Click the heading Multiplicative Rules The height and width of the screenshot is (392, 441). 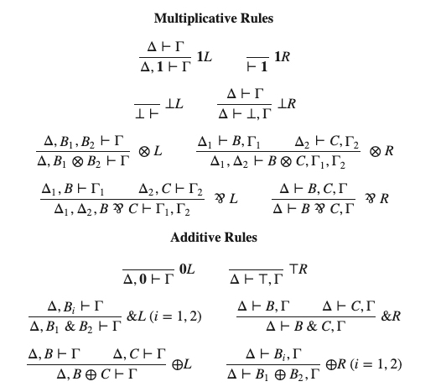tap(214, 18)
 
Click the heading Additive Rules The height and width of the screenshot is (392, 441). tap(214, 238)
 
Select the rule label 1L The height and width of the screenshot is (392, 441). tap(205, 57)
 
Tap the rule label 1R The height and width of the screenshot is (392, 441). tap(282, 56)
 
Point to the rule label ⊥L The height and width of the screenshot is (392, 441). tap(174, 103)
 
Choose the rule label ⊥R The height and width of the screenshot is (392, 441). tap(287, 103)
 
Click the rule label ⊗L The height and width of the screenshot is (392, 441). tap(150, 151)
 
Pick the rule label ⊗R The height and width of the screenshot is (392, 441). tap(381, 151)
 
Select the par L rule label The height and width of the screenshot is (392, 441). tap(226, 199)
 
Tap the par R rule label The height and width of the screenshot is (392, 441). tap(377, 199)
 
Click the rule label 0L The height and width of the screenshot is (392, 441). tap(187, 269)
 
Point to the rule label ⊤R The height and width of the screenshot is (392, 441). tap(298, 269)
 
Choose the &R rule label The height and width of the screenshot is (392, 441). tap(391, 316)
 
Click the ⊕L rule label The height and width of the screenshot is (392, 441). tap(182, 364)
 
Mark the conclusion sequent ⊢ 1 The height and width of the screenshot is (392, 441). tap(257, 67)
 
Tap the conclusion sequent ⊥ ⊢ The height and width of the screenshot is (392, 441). tap(147, 114)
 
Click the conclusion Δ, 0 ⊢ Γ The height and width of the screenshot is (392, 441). tap(148, 279)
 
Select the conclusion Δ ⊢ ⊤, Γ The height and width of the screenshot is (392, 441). tap(257, 279)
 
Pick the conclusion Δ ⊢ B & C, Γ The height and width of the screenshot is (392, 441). tap(306, 327)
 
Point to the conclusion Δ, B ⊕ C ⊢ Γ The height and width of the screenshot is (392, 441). tap(96, 374)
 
